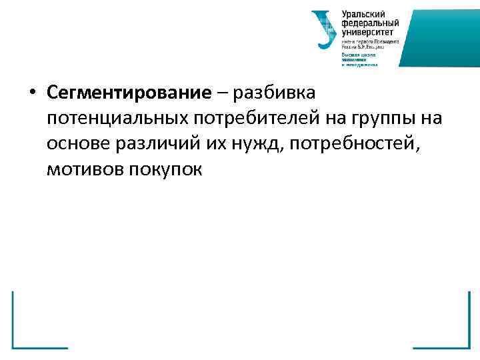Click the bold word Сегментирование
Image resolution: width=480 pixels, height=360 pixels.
point(129,93)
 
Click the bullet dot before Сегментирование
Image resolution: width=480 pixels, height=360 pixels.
point(33,93)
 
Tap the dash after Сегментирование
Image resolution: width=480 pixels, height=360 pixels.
point(221,93)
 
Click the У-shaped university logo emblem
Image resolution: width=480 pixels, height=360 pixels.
point(325,29)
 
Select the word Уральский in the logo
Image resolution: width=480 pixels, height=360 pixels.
point(363,14)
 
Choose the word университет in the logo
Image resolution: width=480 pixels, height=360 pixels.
point(367,31)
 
